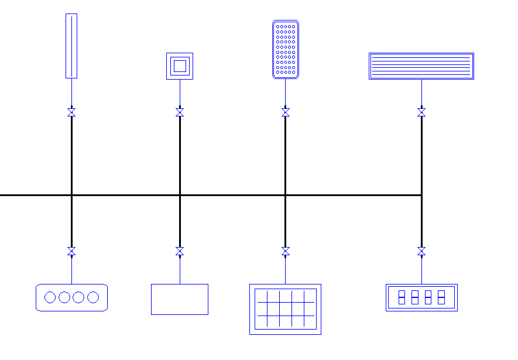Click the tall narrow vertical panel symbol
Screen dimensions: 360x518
click(71, 46)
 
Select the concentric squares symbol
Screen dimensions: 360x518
click(180, 66)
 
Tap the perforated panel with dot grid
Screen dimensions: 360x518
click(286, 50)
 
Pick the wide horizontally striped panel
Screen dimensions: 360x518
click(421, 66)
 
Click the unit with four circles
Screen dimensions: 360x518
click(71, 297)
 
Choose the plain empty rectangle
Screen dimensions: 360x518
click(180, 299)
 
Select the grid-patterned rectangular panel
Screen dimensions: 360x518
click(286, 309)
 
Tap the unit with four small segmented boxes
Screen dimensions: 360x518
click(421, 297)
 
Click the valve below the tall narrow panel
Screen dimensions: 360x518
click(71, 112)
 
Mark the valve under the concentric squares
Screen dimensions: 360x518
click(180, 112)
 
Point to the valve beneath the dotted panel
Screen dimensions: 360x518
click(286, 112)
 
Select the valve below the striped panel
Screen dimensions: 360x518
click(421, 112)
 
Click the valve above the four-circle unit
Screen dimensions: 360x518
click(71, 251)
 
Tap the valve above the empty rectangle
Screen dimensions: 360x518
click(180, 251)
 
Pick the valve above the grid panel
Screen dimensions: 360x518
click(286, 251)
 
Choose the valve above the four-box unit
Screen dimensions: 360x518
click(421, 251)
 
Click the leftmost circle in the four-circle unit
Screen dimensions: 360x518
click(50, 297)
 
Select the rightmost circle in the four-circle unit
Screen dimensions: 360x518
click(93, 297)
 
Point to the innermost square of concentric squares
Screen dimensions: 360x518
click(180, 66)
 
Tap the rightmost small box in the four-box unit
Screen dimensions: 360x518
click(441, 297)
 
